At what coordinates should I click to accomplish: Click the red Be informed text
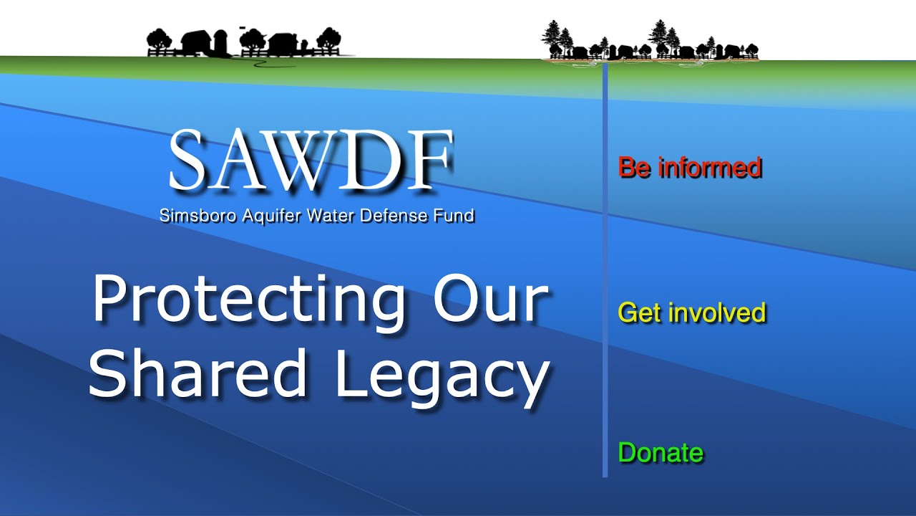click(x=689, y=168)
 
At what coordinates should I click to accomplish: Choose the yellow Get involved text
click(x=691, y=313)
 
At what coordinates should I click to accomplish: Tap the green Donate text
click(x=661, y=453)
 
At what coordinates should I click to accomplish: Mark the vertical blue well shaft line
click(x=605, y=272)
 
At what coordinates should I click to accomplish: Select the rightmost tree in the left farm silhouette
click(x=328, y=39)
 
